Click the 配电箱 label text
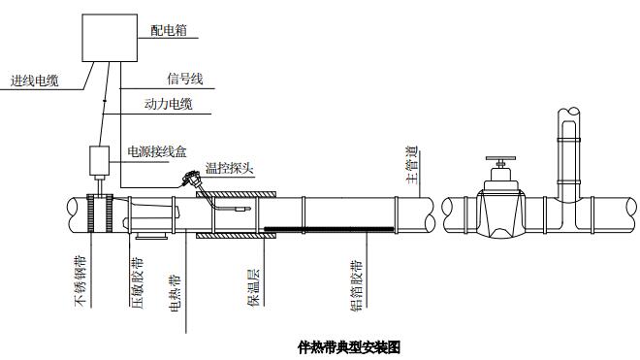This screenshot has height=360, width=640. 169,30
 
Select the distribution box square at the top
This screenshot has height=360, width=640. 110,38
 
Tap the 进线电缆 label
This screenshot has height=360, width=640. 34,81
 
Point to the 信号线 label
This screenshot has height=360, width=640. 185,79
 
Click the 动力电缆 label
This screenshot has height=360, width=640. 168,104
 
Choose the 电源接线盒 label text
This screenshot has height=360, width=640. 157,151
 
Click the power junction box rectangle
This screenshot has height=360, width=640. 100,160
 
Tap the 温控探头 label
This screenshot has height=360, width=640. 230,168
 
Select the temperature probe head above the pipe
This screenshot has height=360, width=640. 191,179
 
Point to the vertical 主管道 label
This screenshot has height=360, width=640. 412,165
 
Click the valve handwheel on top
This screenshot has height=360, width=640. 500,158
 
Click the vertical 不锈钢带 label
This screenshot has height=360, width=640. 80,280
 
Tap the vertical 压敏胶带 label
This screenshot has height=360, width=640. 137,282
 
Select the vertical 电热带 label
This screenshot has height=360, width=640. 175,293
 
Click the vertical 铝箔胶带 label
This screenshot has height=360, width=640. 357,285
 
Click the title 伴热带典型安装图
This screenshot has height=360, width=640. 349,347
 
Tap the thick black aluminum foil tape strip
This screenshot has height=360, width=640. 329,229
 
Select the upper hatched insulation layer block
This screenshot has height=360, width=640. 236,194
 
